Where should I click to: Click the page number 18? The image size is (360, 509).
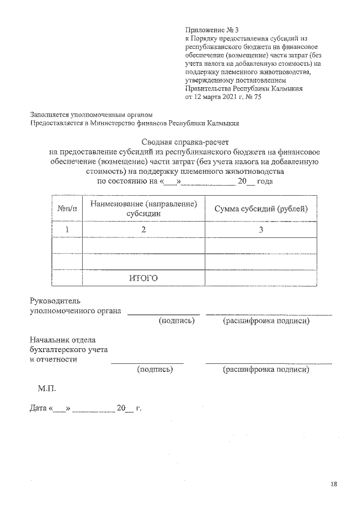(x=334, y=484)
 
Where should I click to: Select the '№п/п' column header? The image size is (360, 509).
(x=67, y=209)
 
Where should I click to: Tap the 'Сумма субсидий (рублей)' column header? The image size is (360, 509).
(x=261, y=209)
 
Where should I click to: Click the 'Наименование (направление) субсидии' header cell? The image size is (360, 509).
(x=143, y=209)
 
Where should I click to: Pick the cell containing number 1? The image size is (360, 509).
(x=67, y=229)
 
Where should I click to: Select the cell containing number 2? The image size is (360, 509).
(x=143, y=229)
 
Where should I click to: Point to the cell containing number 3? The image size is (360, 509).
(x=261, y=229)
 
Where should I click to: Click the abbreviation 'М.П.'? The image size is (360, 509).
(x=47, y=388)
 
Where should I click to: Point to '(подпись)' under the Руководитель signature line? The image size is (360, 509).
(x=177, y=321)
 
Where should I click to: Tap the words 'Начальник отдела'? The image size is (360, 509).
(x=62, y=340)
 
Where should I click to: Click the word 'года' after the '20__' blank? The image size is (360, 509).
(x=265, y=181)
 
